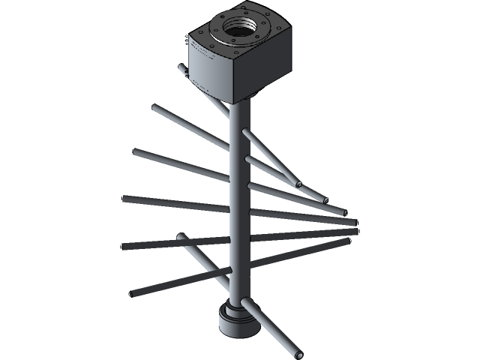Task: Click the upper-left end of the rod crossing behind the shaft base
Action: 180,238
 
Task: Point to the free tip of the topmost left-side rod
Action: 154,109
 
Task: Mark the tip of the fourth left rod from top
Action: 125,245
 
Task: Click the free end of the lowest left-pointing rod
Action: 133,292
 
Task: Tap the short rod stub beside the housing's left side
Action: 181,69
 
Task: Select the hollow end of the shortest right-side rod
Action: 298,184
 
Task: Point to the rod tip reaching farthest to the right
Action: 352,232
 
